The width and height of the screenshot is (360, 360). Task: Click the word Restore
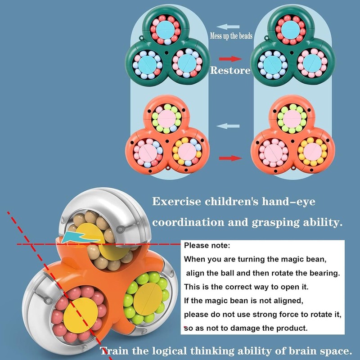pyautogui.click(x=230, y=70)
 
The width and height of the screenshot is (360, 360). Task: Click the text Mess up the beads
pyautogui.click(x=231, y=36)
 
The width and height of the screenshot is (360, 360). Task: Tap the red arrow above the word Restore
pyautogui.click(x=230, y=59)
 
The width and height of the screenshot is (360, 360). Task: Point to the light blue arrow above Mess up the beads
pyautogui.click(x=228, y=27)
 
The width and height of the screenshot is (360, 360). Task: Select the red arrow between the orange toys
pyautogui.click(x=230, y=158)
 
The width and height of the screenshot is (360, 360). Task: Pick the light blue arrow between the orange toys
pyautogui.click(x=228, y=126)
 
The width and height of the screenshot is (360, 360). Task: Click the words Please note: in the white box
pyautogui.click(x=207, y=245)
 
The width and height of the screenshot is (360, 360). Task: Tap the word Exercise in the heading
pyautogui.click(x=176, y=202)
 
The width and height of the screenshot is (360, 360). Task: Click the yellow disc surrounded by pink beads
pyautogui.click(x=81, y=315)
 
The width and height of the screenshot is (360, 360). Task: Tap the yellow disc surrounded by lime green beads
pyautogui.click(x=148, y=299)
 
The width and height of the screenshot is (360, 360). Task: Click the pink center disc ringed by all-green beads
pyautogui.click(x=292, y=118)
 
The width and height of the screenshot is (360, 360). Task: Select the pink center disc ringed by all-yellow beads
pyautogui.click(x=312, y=152)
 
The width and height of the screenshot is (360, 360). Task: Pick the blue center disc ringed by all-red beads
pyautogui.click(x=290, y=30)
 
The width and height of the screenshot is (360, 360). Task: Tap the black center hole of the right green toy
pyautogui.click(x=292, y=53)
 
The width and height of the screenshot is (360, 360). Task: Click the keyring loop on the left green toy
pyautogui.click(x=141, y=37)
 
